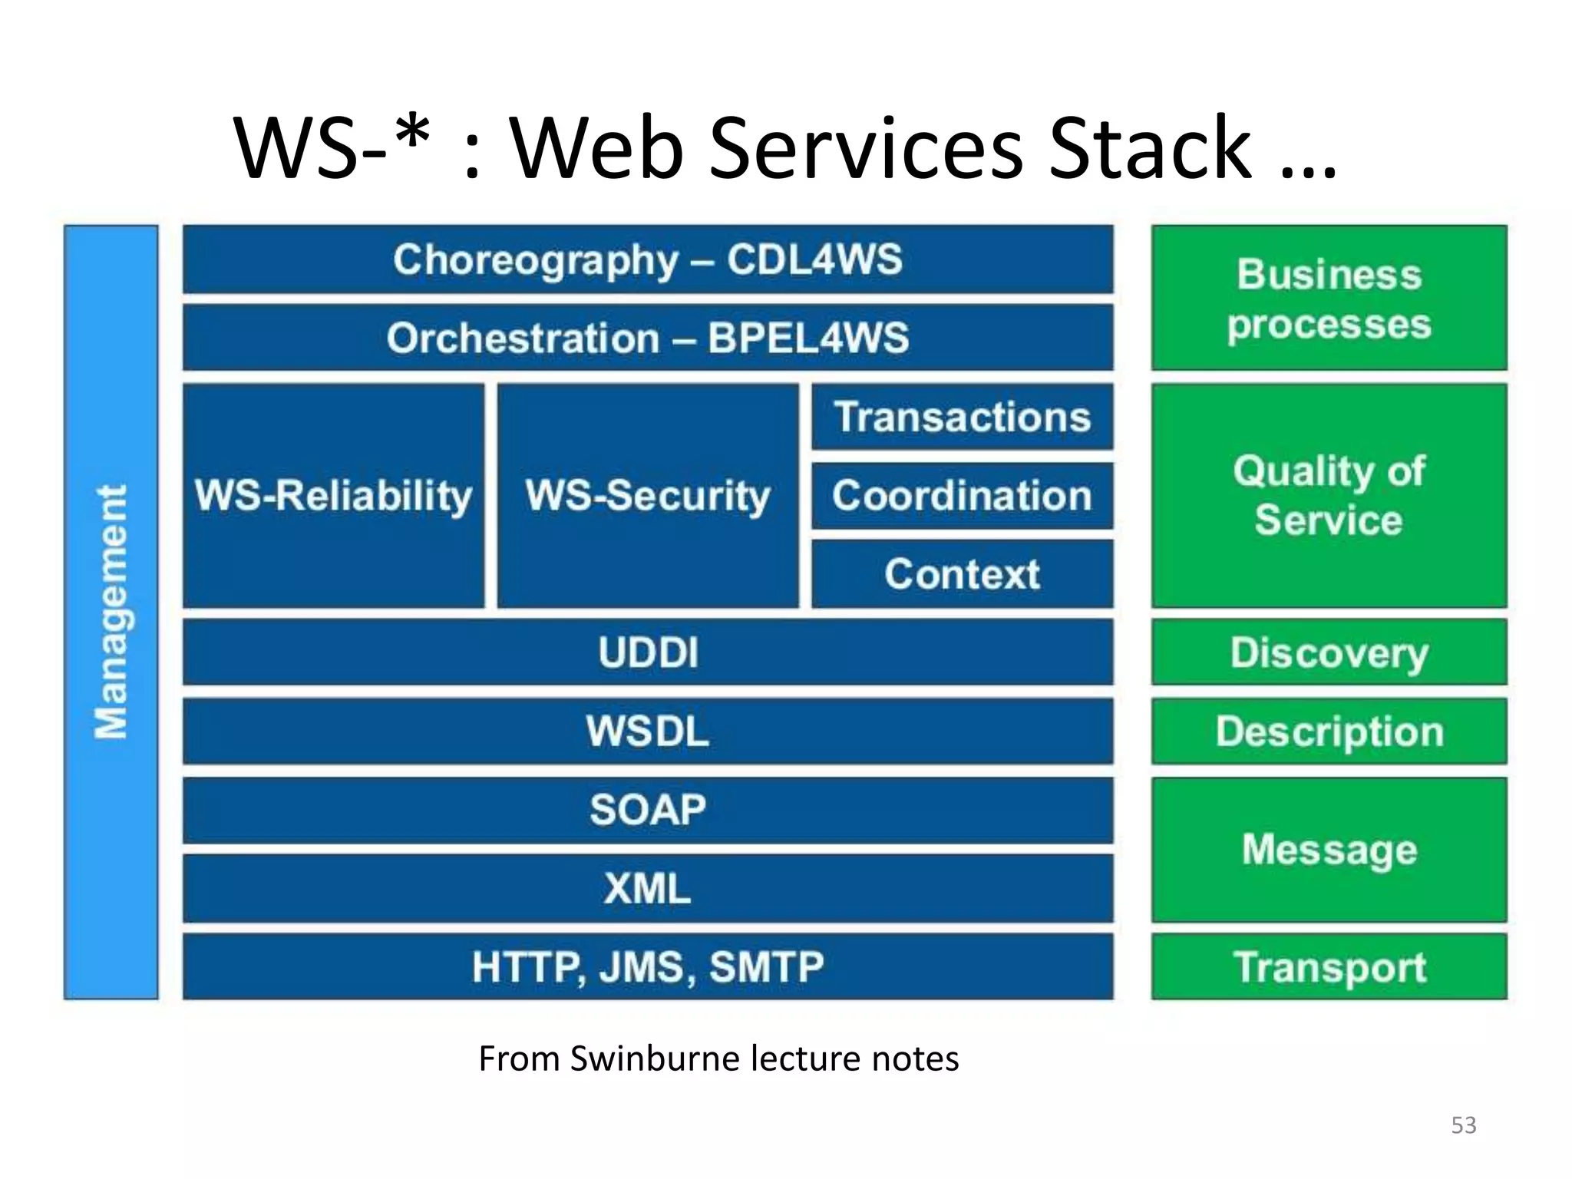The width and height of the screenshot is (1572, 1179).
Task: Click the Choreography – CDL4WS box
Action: tap(648, 259)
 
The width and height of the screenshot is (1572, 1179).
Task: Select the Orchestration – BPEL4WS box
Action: tap(648, 338)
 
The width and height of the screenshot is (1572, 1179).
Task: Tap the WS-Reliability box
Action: tap(334, 496)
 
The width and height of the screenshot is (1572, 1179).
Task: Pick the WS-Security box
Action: tap(648, 496)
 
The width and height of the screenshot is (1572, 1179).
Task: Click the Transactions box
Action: tap(963, 417)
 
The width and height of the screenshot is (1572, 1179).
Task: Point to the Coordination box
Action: tap(963, 496)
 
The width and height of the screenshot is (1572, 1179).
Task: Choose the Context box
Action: tap(963, 574)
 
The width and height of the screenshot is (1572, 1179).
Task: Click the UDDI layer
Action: tap(648, 652)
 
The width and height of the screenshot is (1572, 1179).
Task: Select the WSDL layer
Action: tap(648, 732)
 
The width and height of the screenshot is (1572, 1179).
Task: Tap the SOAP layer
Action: tap(648, 810)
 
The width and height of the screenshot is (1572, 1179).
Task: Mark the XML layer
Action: tap(648, 889)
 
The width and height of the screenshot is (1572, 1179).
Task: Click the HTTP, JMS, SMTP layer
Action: tap(648, 967)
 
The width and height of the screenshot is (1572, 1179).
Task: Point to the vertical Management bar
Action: tap(111, 612)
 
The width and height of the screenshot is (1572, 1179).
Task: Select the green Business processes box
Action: tap(1329, 298)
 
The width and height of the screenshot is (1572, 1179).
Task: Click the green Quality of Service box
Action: tap(1329, 496)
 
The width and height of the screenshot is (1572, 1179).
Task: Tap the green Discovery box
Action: tap(1329, 652)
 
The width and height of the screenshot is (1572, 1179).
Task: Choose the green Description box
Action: tap(1329, 732)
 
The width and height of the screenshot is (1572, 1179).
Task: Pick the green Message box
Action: tap(1329, 850)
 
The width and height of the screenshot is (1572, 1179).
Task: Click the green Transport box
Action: tap(1329, 967)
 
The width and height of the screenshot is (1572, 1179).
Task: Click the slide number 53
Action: tap(1463, 1125)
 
